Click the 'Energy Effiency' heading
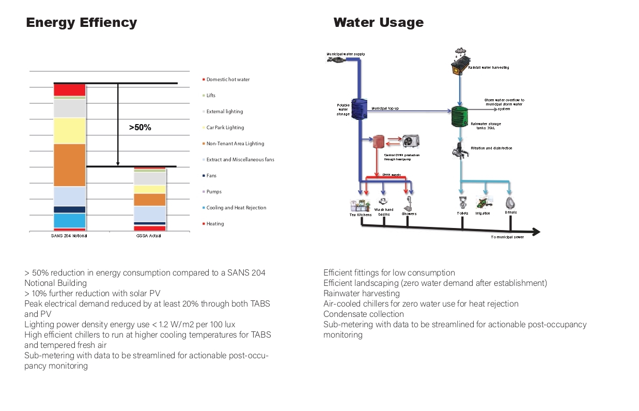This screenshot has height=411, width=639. tap(82, 23)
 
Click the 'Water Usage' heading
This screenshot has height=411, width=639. tap(378, 23)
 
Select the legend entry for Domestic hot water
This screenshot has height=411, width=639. tap(227, 80)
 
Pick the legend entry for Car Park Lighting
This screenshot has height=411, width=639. tap(225, 128)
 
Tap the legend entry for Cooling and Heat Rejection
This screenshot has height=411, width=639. tap(236, 208)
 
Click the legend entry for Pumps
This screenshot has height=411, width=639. tap(213, 192)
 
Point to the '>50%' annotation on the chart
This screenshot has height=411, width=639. tap(140, 127)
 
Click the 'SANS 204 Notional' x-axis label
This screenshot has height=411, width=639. tap(69, 236)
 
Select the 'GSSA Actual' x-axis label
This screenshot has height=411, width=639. tap(149, 236)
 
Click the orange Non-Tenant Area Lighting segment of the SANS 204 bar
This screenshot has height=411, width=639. tap(69, 165)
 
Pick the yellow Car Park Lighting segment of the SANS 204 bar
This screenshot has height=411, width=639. tap(69, 131)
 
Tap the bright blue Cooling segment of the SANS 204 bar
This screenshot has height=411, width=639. tap(69, 220)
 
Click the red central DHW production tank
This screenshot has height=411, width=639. tap(379, 142)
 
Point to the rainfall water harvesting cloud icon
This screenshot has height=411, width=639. tap(460, 52)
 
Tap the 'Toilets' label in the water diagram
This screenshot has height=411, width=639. tap(462, 214)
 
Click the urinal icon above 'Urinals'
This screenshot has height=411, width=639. tap(510, 202)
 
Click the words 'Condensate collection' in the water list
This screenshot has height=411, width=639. tap(364, 314)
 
